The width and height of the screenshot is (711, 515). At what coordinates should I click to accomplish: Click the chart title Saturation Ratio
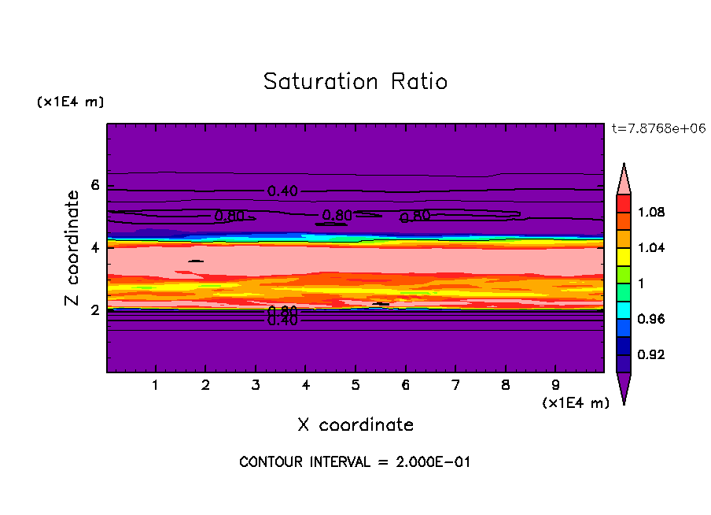pyautogui.click(x=355, y=82)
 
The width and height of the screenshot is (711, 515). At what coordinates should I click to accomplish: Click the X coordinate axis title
pyautogui.click(x=355, y=425)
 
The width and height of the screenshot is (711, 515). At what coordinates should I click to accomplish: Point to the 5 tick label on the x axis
pyautogui.click(x=355, y=385)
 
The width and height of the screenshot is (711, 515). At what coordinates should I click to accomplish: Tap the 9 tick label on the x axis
pyautogui.click(x=555, y=385)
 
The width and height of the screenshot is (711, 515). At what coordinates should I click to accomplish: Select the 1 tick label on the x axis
pyautogui.click(x=156, y=385)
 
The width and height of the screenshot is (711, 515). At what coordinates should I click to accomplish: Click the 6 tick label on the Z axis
pyautogui.click(x=95, y=186)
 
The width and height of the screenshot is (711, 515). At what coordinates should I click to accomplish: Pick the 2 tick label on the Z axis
pyautogui.click(x=95, y=310)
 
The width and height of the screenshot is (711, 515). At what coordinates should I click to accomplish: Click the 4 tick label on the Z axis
pyautogui.click(x=95, y=248)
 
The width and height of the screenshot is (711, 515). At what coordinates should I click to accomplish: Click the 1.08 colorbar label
pyautogui.click(x=652, y=213)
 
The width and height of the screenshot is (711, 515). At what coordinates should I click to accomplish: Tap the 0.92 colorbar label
pyautogui.click(x=652, y=355)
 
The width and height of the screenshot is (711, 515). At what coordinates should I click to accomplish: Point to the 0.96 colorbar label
pyautogui.click(x=652, y=320)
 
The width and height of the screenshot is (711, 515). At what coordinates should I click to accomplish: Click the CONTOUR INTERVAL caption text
pyautogui.click(x=355, y=462)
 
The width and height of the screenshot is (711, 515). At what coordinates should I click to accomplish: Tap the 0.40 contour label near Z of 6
pyautogui.click(x=282, y=191)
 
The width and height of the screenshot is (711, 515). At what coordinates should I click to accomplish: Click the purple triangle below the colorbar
pyautogui.click(x=624, y=387)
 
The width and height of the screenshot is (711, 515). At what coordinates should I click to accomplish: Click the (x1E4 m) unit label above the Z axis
pyautogui.click(x=70, y=102)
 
